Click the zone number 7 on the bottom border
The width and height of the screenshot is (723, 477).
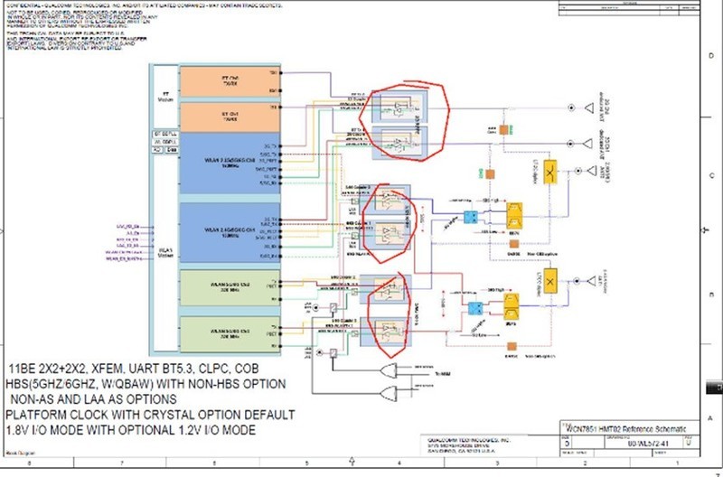tap(122, 463)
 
